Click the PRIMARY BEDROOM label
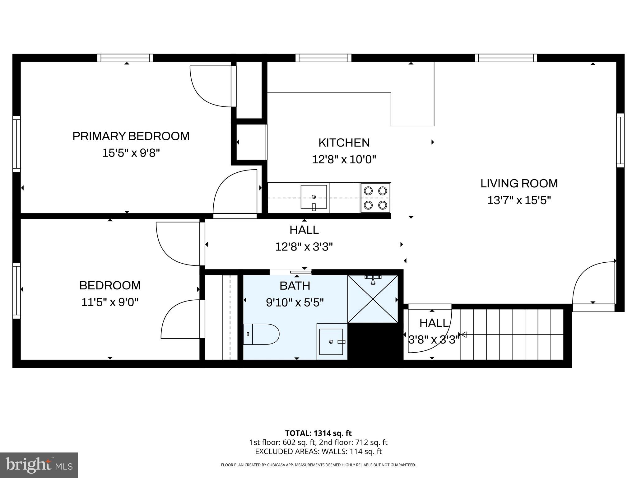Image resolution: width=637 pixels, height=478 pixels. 131,136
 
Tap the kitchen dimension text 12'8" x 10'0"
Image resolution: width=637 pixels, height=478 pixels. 344,160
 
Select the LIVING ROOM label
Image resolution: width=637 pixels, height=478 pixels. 519,183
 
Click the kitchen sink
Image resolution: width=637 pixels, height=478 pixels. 314,197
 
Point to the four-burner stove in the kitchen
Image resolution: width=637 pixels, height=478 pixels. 375,198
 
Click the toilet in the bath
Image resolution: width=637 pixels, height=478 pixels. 261,334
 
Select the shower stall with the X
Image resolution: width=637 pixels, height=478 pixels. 373,299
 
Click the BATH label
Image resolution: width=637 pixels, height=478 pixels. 295,286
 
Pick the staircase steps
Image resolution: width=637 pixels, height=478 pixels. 512,334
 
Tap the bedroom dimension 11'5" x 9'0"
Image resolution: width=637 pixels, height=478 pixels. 110,302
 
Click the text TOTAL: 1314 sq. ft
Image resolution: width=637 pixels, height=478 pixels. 318,433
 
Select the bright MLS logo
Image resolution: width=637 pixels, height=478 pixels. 39,465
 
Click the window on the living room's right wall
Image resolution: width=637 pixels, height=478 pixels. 620,140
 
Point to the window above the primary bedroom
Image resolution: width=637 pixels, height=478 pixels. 125,58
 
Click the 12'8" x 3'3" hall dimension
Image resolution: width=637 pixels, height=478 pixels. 304,247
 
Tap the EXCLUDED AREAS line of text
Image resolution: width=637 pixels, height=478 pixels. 318,452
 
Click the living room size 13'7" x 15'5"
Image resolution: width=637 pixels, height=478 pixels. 519,200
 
